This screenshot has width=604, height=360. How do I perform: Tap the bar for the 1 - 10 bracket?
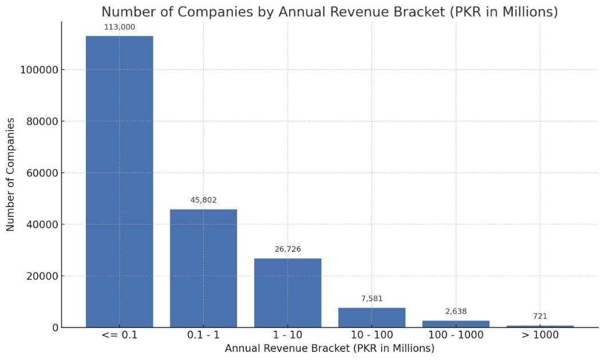(287, 292)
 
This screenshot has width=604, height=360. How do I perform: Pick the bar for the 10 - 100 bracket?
(372, 317)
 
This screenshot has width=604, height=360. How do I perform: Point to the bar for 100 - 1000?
(456, 324)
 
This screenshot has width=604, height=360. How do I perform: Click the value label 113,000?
(119, 27)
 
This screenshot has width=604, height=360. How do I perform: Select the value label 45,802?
(203, 200)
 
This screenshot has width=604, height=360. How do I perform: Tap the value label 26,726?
(287, 250)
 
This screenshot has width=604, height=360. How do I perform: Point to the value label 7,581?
(372, 299)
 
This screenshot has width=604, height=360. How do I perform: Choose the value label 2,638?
(456, 311)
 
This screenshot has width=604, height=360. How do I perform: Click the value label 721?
(540, 317)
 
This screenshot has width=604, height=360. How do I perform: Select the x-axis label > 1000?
(540, 335)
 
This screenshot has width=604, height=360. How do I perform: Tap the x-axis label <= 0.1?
(119, 335)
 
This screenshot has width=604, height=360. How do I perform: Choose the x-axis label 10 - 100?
(372, 335)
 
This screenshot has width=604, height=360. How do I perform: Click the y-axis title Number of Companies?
(11, 175)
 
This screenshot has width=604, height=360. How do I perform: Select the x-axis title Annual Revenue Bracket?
(329, 348)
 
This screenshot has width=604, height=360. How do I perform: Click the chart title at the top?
(329, 11)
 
